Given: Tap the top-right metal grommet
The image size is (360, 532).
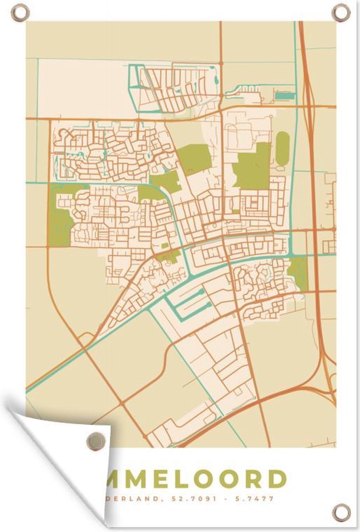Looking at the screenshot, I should [341, 12].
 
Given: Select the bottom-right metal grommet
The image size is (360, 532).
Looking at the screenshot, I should [341, 513].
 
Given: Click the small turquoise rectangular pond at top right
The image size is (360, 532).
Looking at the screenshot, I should [284, 96].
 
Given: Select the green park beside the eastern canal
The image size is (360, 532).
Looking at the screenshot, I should [298, 272].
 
